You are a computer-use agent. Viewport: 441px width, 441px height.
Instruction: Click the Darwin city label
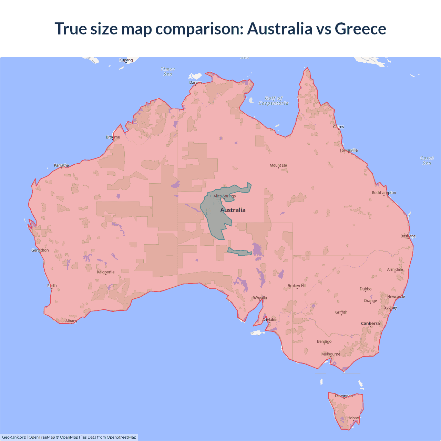click(195, 82)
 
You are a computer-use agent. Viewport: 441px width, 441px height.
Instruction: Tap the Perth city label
click(52, 286)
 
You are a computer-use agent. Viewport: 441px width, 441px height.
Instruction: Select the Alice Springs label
click(224, 196)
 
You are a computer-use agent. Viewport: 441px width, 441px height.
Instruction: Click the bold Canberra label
click(370, 324)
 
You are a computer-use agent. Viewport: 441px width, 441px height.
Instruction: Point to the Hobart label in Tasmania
click(353, 418)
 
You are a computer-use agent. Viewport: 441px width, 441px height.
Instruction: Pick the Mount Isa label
click(278, 165)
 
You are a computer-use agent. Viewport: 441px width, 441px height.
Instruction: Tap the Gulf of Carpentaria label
click(274, 101)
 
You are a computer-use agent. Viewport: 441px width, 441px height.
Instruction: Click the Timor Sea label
click(168, 72)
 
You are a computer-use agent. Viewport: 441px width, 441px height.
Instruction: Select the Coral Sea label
click(427, 161)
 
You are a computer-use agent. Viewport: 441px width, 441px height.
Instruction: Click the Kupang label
click(126, 60)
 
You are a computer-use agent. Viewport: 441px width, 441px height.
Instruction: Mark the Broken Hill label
click(297, 286)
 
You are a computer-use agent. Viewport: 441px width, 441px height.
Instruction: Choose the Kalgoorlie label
click(106, 272)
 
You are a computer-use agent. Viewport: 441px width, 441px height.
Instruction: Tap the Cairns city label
click(338, 127)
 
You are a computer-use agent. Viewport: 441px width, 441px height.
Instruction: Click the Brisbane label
click(408, 236)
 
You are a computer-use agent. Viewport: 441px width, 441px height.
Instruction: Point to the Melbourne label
click(331, 354)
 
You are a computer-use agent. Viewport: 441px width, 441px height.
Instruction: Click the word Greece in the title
click(360, 29)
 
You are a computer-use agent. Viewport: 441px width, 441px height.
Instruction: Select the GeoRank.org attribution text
click(14, 437)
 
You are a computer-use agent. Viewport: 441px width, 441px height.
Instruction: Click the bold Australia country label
click(233, 210)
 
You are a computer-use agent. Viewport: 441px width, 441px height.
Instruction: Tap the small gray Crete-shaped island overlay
click(240, 253)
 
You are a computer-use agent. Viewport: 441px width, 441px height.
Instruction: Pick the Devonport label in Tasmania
click(344, 396)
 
